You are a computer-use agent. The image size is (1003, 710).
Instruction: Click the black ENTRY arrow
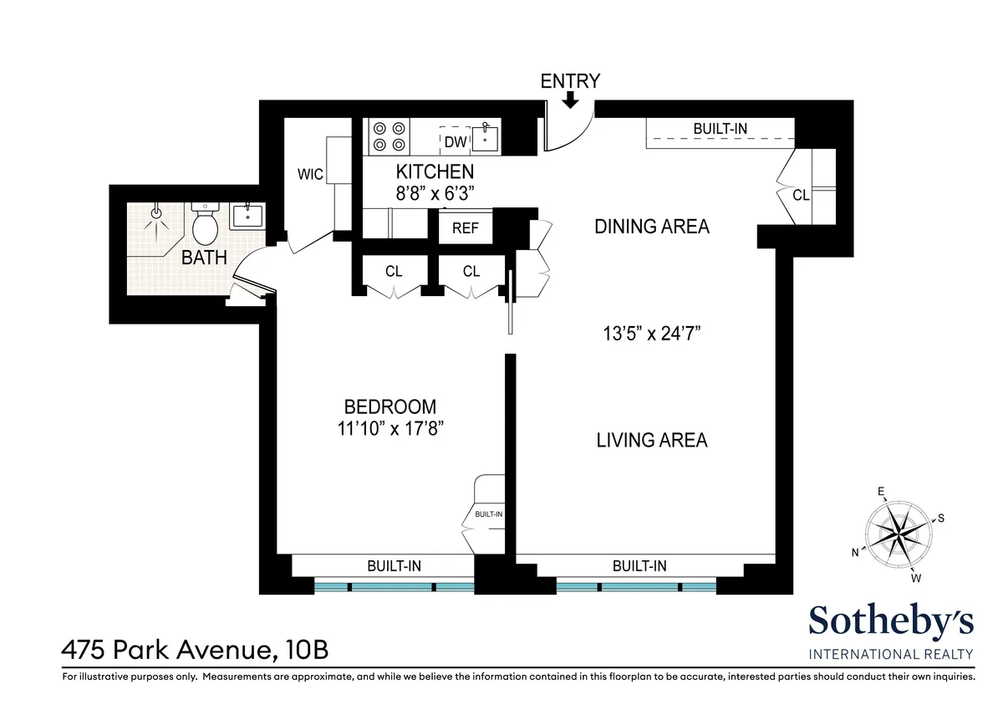tap(571, 100)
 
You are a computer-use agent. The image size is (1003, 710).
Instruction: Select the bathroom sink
tap(247, 215)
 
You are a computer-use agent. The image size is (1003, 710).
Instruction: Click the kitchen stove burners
tap(390, 136)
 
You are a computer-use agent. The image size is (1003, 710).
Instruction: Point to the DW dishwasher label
tap(455, 142)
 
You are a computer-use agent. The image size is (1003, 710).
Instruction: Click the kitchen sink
tap(485, 137)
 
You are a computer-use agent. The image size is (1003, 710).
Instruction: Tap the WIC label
tap(311, 175)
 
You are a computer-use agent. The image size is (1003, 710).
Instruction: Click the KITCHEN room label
tap(435, 172)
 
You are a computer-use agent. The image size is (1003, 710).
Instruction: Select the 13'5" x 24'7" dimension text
tap(651, 334)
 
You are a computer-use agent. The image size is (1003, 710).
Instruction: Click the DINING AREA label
tap(652, 226)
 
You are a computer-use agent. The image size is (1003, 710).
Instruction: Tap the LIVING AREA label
tap(652, 440)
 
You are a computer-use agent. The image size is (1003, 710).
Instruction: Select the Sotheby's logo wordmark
tap(891, 623)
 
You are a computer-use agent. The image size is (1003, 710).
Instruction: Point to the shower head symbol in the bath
tap(155, 214)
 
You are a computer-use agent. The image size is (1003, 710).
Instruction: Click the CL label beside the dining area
tap(801, 195)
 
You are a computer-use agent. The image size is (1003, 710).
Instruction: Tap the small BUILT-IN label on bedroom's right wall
tap(488, 514)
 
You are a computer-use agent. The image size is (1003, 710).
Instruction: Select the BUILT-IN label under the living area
tap(639, 566)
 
